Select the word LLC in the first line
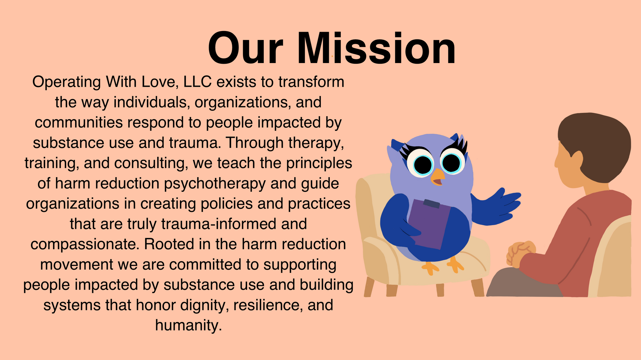tap(197, 82)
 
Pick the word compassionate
tap(85, 245)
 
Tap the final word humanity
tap(189, 325)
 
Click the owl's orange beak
tap(438, 177)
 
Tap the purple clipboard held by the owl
tap(428, 224)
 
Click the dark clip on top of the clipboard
tap(431, 204)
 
